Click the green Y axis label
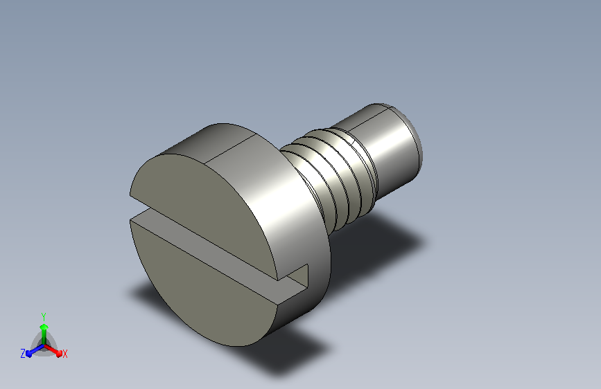coord(44,316)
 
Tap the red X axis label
coord(64,354)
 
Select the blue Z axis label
coord(23,354)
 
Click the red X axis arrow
coord(53,350)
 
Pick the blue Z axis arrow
coord(35,350)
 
